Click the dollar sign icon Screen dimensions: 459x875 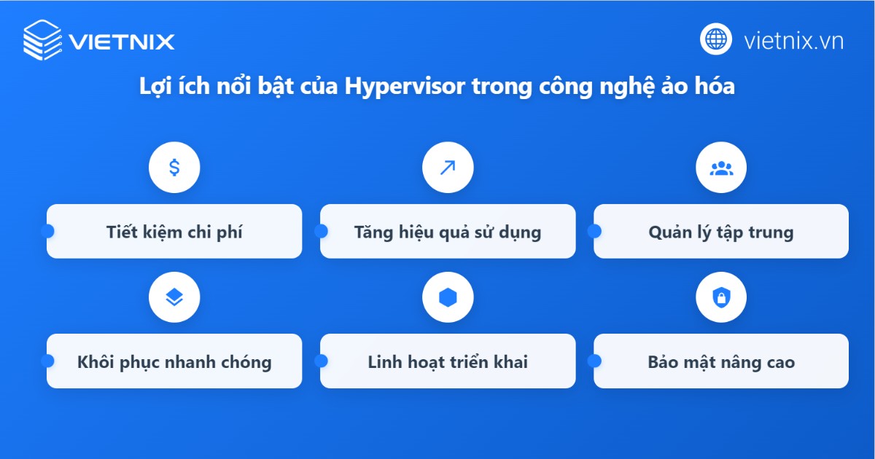[174, 168]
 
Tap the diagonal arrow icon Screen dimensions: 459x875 [448, 168]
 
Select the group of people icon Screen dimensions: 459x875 [721, 168]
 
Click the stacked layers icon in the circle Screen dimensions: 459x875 [174, 297]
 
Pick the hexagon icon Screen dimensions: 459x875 [448, 297]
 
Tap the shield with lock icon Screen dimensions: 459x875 [721, 297]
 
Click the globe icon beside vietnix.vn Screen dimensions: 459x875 [716, 39]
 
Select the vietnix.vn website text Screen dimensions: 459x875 [793, 41]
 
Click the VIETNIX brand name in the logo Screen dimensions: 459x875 [122, 42]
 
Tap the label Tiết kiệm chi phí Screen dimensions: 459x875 [174, 232]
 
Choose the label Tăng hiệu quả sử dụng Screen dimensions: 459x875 [448, 232]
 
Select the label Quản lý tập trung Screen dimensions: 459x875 [720, 232]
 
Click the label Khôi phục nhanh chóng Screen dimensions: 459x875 [174, 362]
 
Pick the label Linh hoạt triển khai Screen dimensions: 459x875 [448, 362]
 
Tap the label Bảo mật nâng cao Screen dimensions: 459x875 [720, 362]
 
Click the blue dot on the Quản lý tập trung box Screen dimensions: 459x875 [594, 231]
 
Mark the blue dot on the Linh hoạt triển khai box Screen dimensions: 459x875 [321, 361]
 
